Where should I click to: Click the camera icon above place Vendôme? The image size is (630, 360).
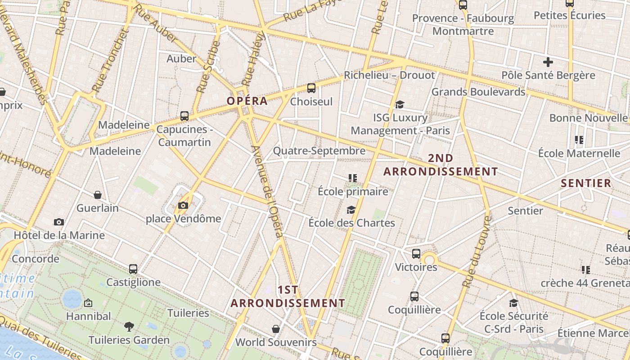click(x=183, y=206)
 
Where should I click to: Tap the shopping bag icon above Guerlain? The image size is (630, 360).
click(x=98, y=195)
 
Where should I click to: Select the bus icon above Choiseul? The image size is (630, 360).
click(x=311, y=88)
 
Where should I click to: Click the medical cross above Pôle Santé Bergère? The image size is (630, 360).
click(x=548, y=62)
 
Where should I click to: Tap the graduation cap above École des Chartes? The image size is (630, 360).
click(x=351, y=210)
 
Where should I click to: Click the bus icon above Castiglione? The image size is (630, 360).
click(x=133, y=269)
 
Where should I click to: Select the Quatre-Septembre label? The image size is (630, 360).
click(x=319, y=151)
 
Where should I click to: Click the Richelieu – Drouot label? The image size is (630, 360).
click(x=389, y=75)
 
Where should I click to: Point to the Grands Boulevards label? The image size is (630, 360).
click(x=478, y=92)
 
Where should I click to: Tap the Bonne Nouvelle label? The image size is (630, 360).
click(x=588, y=118)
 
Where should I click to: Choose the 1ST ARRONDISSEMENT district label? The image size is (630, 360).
click(x=288, y=297)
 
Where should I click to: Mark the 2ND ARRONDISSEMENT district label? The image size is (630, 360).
click(x=441, y=165)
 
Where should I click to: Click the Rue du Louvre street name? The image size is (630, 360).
click(x=477, y=252)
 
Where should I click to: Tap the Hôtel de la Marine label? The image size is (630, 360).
click(x=59, y=235)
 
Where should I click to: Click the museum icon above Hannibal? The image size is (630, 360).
click(x=88, y=303)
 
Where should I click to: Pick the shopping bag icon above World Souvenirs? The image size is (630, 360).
click(x=276, y=329)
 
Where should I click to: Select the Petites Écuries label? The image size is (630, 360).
click(x=569, y=15)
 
